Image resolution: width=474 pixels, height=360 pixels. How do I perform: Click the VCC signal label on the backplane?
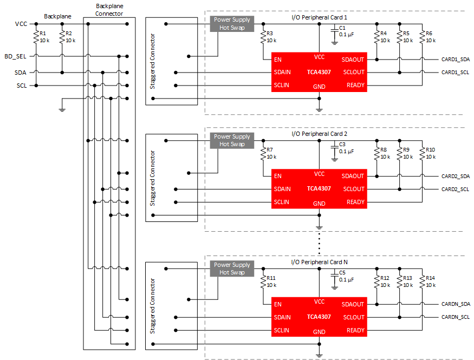click(21, 24)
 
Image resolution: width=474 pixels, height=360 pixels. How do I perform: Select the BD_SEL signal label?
click(15, 56)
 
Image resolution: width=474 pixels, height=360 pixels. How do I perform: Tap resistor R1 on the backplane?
click(36, 36)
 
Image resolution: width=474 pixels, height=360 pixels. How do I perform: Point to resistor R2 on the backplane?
click(62, 36)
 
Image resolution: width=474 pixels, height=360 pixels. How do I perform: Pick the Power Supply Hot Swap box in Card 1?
click(232, 24)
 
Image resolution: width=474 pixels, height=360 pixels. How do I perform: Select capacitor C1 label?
click(342, 28)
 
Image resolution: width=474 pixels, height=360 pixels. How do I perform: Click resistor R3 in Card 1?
click(264, 36)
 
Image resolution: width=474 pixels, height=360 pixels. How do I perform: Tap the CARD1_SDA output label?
click(455, 59)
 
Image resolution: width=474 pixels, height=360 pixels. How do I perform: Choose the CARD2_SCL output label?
click(455, 189)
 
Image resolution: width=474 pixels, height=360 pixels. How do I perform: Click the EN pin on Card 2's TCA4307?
click(278, 176)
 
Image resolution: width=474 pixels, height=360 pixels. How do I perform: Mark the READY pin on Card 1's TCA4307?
click(355, 85)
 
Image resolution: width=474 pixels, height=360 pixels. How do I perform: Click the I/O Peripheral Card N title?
click(320, 262)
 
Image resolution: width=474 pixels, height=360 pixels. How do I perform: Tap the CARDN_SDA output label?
click(455, 304)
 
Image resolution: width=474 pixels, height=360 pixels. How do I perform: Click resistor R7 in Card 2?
click(264, 153)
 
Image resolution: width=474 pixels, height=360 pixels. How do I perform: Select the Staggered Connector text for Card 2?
click(153, 178)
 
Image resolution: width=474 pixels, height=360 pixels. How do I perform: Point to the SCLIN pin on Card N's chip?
click(282, 330)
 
